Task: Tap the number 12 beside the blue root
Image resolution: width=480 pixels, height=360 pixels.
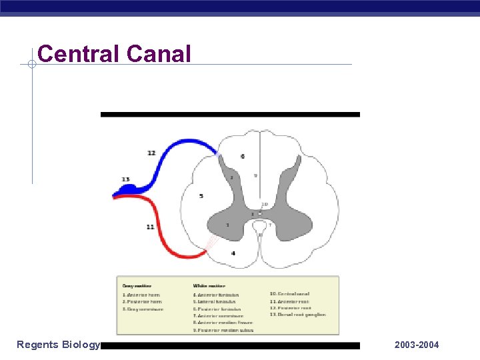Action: tap(151, 153)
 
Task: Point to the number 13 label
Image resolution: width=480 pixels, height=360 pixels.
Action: tap(125, 179)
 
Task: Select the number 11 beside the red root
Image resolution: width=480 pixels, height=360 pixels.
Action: tap(151, 227)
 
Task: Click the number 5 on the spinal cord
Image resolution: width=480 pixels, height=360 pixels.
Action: tap(201, 196)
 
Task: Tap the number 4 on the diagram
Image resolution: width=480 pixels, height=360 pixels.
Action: tap(233, 253)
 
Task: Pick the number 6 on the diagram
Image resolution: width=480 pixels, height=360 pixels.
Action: tap(242, 156)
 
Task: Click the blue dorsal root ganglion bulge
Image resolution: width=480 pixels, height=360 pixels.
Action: tap(125, 192)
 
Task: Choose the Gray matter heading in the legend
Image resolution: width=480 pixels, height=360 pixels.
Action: tap(137, 285)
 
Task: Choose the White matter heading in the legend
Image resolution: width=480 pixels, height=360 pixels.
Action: tap(207, 285)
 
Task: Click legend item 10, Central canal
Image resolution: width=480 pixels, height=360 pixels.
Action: tap(289, 294)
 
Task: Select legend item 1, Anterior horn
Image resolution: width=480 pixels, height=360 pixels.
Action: tap(141, 295)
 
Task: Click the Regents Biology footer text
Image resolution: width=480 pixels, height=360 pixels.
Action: tap(58, 345)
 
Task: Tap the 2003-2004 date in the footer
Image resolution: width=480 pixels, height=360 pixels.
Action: tap(417, 345)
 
